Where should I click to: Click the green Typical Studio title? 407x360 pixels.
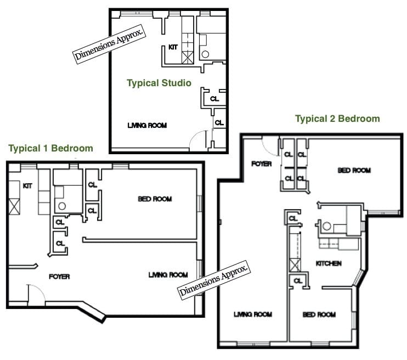click(x=159, y=83)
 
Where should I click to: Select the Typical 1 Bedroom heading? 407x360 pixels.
click(x=50, y=148)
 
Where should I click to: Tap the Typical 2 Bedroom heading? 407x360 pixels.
click(x=337, y=119)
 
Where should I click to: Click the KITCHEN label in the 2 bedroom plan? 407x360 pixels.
click(x=329, y=264)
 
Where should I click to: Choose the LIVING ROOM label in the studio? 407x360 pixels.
click(x=147, y=126)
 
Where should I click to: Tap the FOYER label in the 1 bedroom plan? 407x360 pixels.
click(x=59, y=277)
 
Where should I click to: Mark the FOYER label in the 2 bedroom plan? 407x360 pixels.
click(x=261, y=164)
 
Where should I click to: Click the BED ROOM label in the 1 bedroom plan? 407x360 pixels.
click(x=155, y=199)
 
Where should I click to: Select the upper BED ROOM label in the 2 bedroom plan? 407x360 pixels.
click(x=354, y=171)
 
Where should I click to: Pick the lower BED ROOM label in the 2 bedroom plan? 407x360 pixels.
click(x=319, y=314)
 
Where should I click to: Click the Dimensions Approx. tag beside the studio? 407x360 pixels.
click(x=110, y=43)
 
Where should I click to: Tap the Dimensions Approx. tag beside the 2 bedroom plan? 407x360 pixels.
click(x=214, y=279)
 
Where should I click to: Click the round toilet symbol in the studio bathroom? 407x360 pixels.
click(x=205, y=54)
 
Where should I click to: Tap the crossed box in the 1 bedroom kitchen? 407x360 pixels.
click(x=13, y=207)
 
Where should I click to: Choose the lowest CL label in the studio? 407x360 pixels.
click(x=219, y=123)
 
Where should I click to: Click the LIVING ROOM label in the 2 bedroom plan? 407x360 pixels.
click(x=253, y=314)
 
